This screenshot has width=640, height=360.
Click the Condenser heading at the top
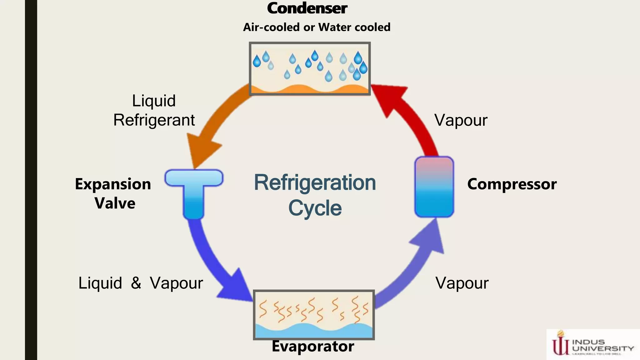(x=307, y=8)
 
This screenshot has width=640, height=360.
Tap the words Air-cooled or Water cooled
(x=317, y=27)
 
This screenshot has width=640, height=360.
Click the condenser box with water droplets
(x=310, y=68)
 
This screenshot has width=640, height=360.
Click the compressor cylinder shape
(x=434, y=187)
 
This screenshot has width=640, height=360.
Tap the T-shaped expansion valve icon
(x=194, y=191)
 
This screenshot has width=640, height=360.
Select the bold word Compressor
(x=512, y=184)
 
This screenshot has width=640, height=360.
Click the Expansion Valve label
(x=113, y=193)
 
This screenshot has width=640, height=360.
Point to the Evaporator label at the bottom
(x=313, y=346)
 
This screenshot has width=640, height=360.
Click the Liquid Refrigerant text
(x=154, y=110)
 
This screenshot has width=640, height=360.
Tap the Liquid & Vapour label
(x=140, y=283)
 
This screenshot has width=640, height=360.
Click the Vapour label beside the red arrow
(x=461, y=120)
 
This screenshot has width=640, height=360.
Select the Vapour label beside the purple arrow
(x=462, y=283)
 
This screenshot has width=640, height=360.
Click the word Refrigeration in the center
(x=315, y=182)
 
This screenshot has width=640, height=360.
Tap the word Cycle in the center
(x=315, y=208)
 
